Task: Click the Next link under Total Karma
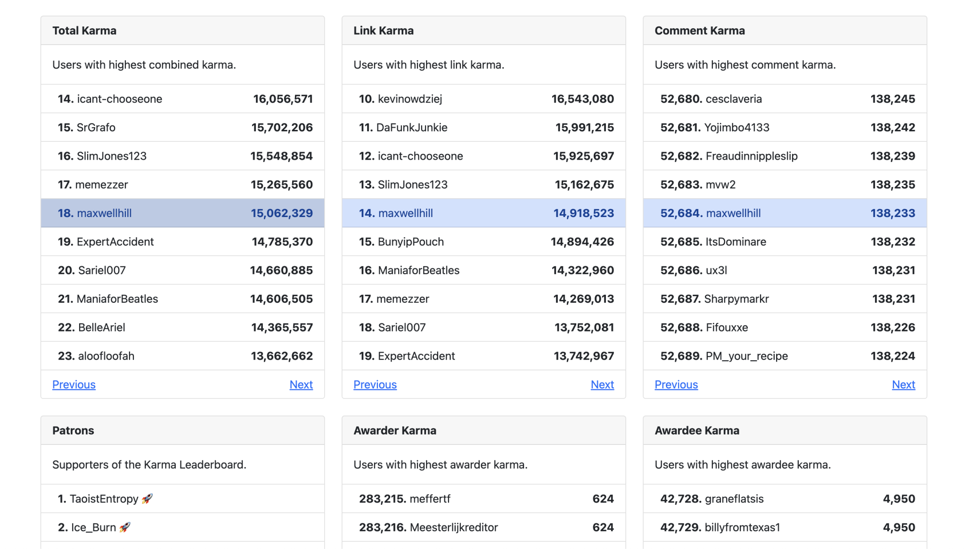pyautogui.click(x=301, y=385)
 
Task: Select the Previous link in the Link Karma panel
pyautogui.click(x=375, y=385)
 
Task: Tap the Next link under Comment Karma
pyautogui.click(x=903, y=385)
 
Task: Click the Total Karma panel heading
pyautogui.click(x=84, y=31)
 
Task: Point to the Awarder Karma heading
pyautogui.click(x=395, y=430)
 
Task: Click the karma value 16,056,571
pyautogui.click(x=283, y=99)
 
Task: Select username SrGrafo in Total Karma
pyautogui.click(x=96, y=128)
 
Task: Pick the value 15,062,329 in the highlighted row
pyautogui.click(x=281, y=213)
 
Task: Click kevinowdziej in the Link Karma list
pyautogui.click(x=410, y=99)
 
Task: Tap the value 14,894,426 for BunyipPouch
pyautogui.click(x=582, y=242)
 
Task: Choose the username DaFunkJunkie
pyautogui.click(x=412, y=128)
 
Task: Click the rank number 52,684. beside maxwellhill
pyautogui.click(x=681, y=213)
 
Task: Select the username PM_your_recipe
pyautogui.click(x=746, y=356)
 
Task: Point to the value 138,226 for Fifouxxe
pyautogui.click(x=892, y=328)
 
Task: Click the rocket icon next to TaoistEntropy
pyautogui.click(x=147, y=499)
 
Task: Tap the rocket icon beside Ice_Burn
pyautogui.click(x=125, y=527)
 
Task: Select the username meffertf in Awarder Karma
pyautogui.click(x=430, y=499)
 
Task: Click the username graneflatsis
pyautogui.click(x=734, y=499)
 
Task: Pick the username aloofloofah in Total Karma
pyautogui.click(x=106, y=356)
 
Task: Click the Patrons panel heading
pyautogui.click(x=73, y=430)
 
